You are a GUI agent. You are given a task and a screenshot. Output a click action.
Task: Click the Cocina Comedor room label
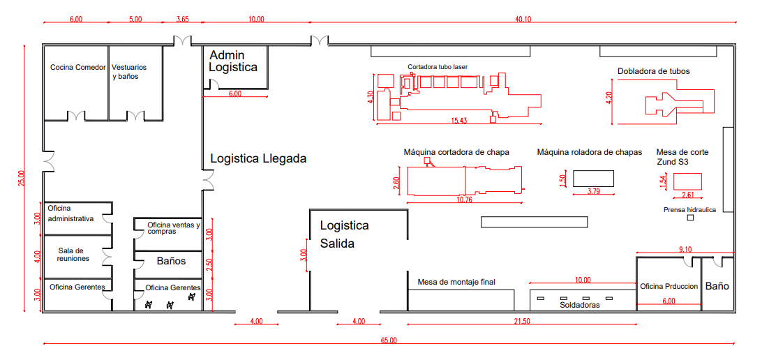tap(77, 68)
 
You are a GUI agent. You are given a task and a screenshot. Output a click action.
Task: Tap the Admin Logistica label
tap(233, 61)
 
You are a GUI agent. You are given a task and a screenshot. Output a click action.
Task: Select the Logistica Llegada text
tap(258, 158)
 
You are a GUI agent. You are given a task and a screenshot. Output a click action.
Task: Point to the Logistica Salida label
tap(344, 234)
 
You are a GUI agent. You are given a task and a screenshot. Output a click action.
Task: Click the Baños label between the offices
tap(170, 261)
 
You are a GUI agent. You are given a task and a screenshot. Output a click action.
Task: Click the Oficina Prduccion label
tap(669, 286)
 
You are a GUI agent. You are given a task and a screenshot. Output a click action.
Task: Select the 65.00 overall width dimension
tap(389, 340)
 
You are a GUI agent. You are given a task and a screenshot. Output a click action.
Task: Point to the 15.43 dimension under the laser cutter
tap(458, 121)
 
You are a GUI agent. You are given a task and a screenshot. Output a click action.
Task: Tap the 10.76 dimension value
tap(463, 200)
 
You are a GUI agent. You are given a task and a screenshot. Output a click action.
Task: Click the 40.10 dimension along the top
tap(523, 20)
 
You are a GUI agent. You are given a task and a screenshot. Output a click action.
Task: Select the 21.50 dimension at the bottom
tap(521, 322)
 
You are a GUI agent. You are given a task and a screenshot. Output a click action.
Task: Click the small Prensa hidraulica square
tap(690, 218)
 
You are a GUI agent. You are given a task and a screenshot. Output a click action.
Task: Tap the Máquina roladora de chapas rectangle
tap(593, 178)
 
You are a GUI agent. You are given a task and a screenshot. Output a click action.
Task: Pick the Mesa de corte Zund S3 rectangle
tap(687, 181)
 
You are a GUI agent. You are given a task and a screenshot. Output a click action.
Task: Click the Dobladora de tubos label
tap(653, 71)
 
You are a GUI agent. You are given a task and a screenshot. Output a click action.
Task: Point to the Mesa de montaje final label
tap(456, 283)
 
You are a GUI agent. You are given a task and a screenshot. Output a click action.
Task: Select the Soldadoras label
tap(579, 305)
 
